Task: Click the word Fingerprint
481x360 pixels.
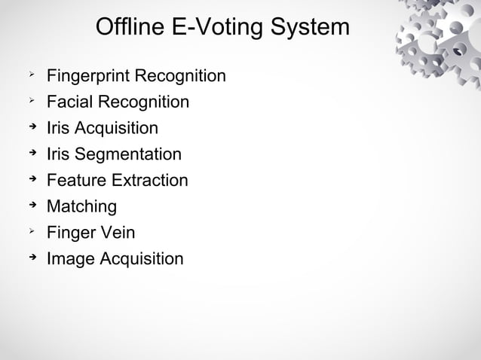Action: [x=89, y=77]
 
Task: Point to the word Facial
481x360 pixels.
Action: [x=69, y=102]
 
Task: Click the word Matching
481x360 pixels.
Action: [x=81, y=206]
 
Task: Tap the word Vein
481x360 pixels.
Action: [x=117, y=233]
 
